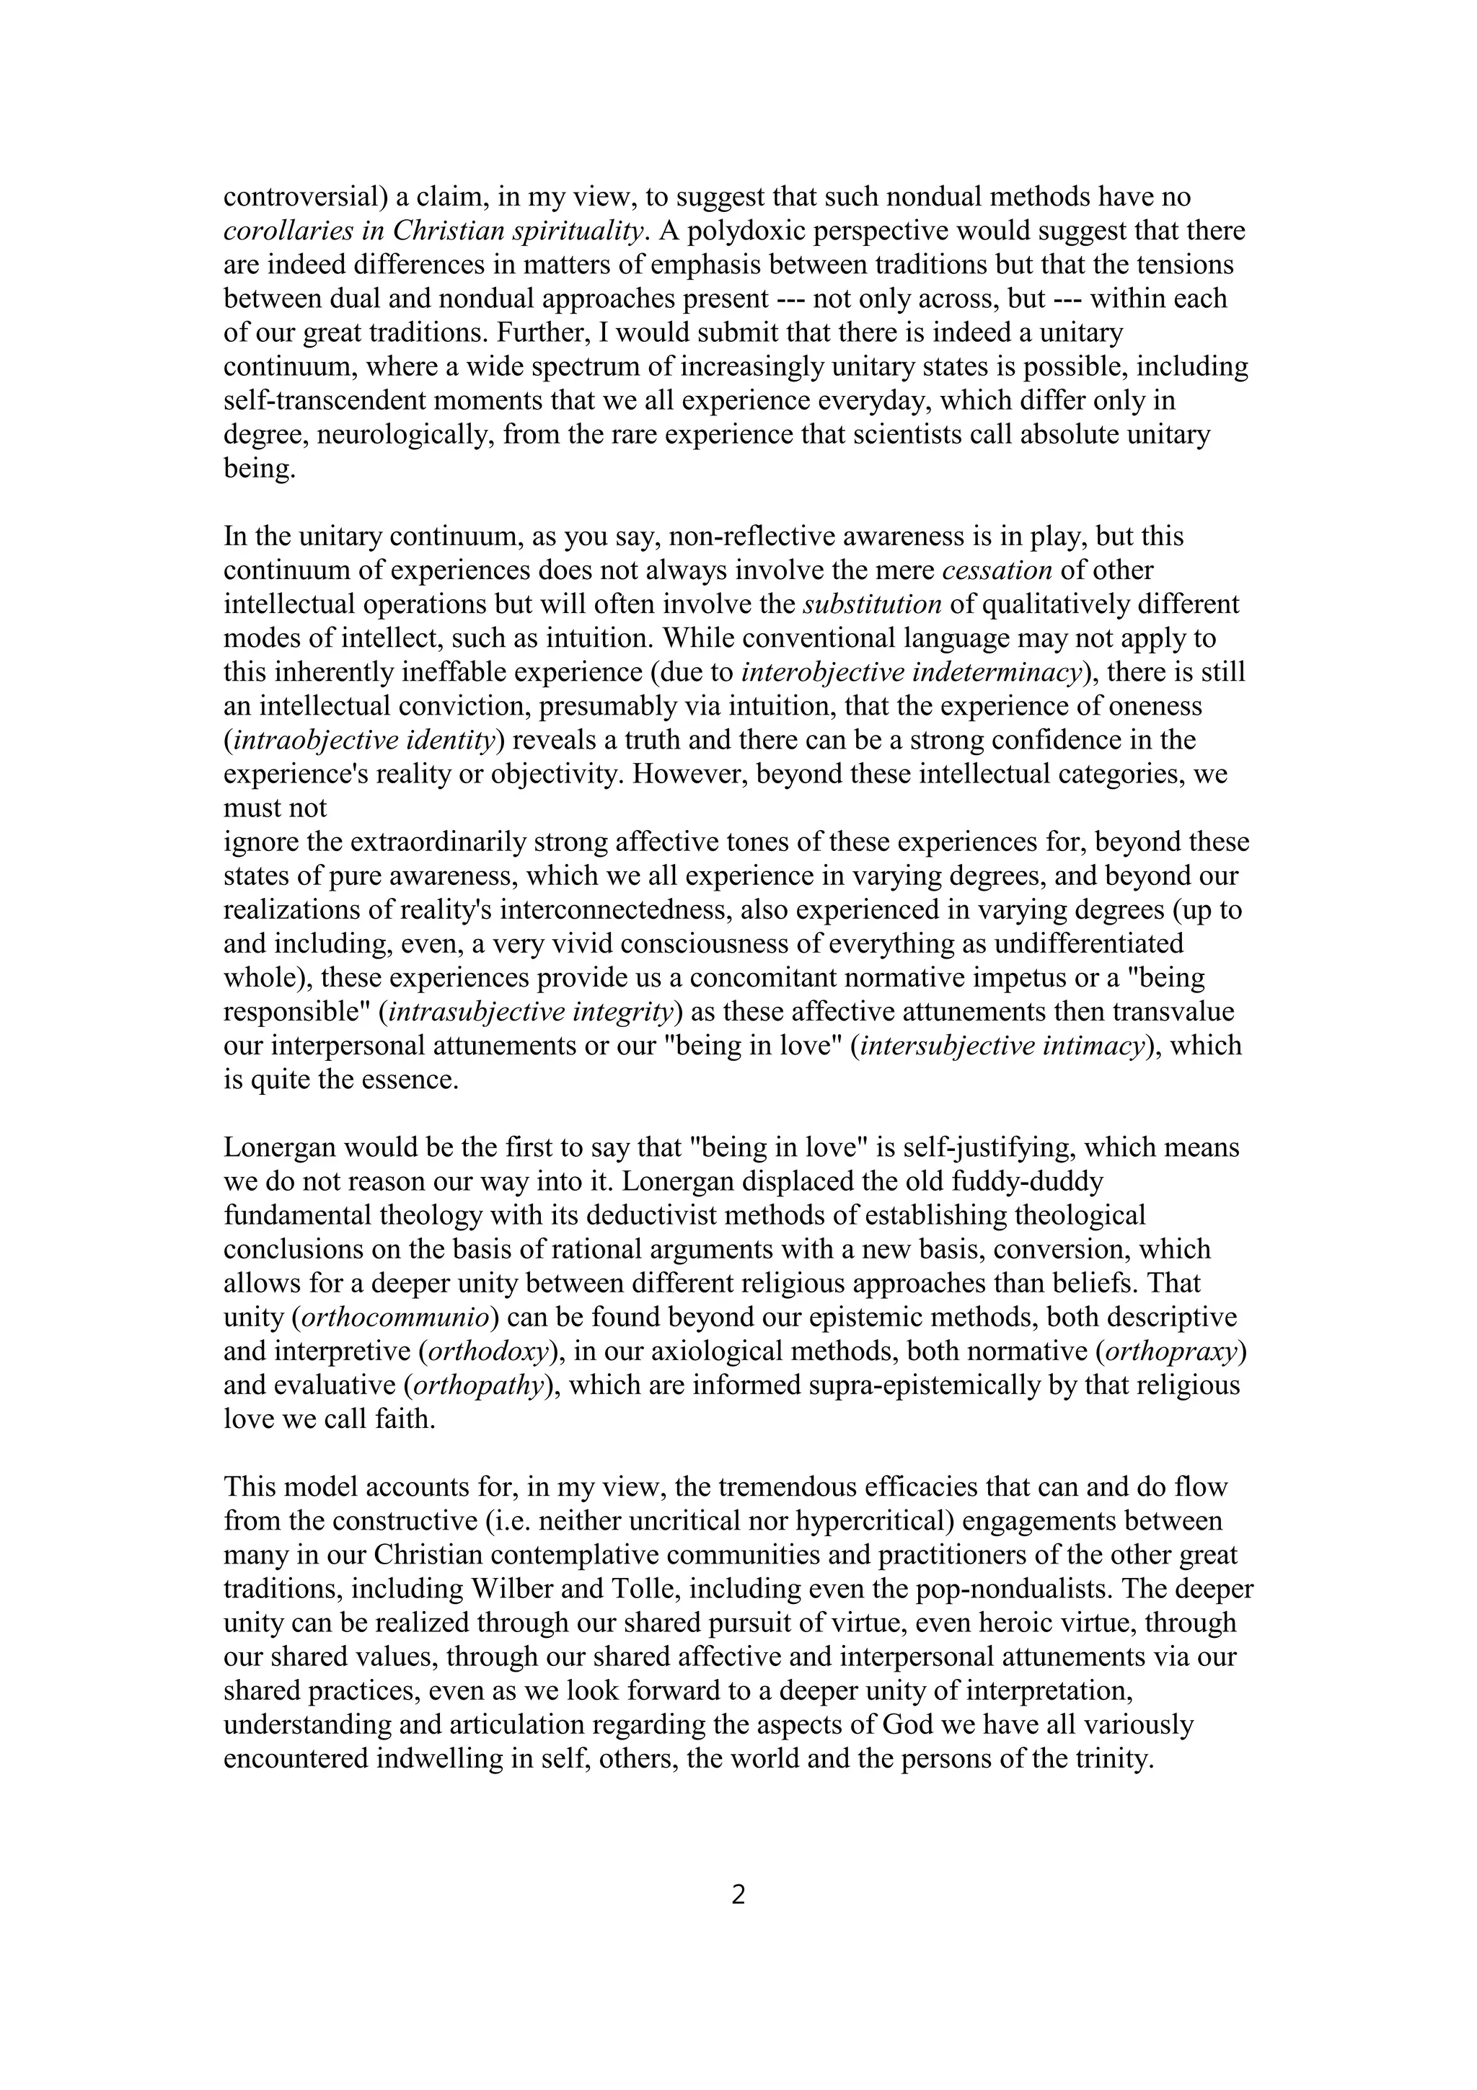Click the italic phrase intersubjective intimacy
1001,1046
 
